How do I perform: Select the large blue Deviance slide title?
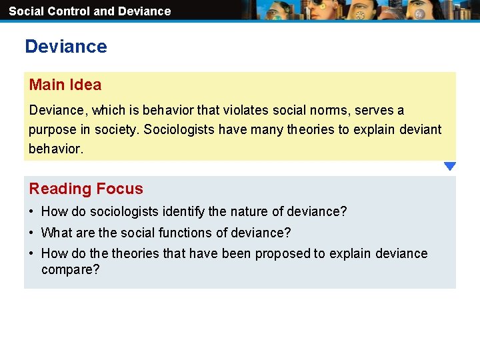point(65,47)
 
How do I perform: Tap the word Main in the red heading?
point(47,85)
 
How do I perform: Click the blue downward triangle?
point(450,166)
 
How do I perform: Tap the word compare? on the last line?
point(70,270)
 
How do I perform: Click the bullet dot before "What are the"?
point(32,233)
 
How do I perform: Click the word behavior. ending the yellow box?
point(56,149)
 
